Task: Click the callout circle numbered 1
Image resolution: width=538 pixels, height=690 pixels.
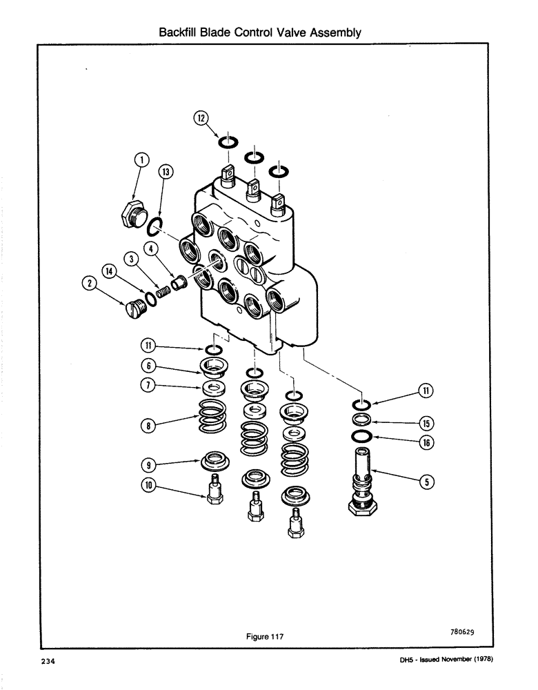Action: [141, 161]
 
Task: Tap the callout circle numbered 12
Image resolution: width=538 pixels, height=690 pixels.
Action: [201, 119]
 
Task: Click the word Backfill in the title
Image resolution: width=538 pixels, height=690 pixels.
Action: [181, 32]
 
